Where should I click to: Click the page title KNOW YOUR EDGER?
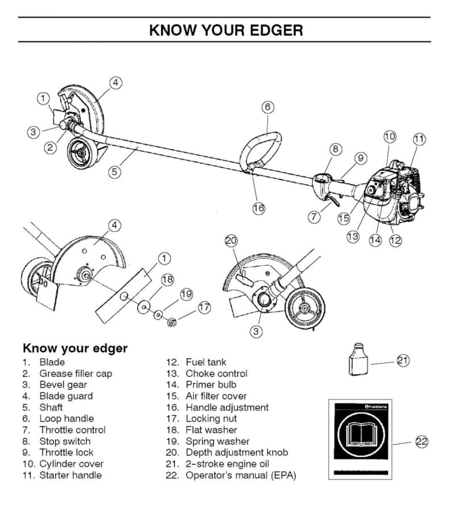(x=226, y=30)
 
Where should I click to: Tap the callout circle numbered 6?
(x=268, y=107)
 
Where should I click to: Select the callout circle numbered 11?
(x=419, y=138)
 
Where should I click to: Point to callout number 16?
(x=259, y=208)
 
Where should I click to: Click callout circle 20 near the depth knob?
(x=231, y=241)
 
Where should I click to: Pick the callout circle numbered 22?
(x=422, y=441)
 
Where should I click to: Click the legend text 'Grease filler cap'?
(x=76, y=374)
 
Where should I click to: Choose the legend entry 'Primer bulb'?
(x=211, y=385)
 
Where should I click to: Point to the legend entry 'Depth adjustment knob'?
(x=237, y=453)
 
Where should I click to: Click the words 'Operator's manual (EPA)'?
(x=241, y=476)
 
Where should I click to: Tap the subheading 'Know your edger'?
(x=75, y=348)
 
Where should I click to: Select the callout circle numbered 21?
(x=403, y=360)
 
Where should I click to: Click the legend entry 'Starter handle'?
(x=71, y=476)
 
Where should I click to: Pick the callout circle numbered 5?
(x=115, y=171)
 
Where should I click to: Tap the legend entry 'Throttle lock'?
(x=66, y=453)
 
